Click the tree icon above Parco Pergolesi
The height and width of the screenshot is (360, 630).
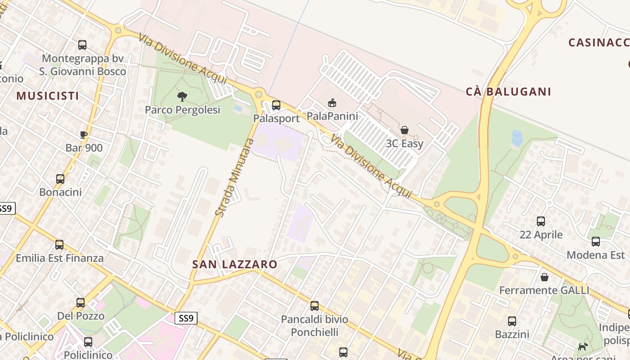point(182,96)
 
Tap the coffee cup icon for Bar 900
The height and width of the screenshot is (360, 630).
point(84,134)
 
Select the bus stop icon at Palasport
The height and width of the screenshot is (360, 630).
point(276,105)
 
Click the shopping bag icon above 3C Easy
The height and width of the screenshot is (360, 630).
point(405,130)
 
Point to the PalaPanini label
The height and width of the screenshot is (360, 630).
point(332,116)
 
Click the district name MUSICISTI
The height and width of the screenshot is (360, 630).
point(48,96)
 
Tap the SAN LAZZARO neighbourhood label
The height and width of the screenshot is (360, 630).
point(234,264)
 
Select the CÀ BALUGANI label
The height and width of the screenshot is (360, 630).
point(508,92)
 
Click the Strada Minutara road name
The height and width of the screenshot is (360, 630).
point(234,177)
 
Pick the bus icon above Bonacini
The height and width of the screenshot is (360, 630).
point(60,179)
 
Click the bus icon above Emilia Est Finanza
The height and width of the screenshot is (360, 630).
point(59,245)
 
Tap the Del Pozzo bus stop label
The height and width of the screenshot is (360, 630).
point(81,316)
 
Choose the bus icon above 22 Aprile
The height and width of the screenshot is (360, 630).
point(541,221)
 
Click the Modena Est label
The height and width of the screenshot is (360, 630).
point(595,255)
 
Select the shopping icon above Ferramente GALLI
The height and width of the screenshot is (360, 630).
point(544,277)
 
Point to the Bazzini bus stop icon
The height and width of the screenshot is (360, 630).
point(512,321)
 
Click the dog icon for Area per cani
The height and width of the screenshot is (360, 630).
point(583,346)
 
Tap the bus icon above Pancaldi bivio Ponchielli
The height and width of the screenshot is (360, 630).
point(315,306)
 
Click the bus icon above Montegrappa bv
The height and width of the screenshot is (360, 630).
point(82,45)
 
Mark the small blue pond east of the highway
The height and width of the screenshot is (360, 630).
point(517,138)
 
